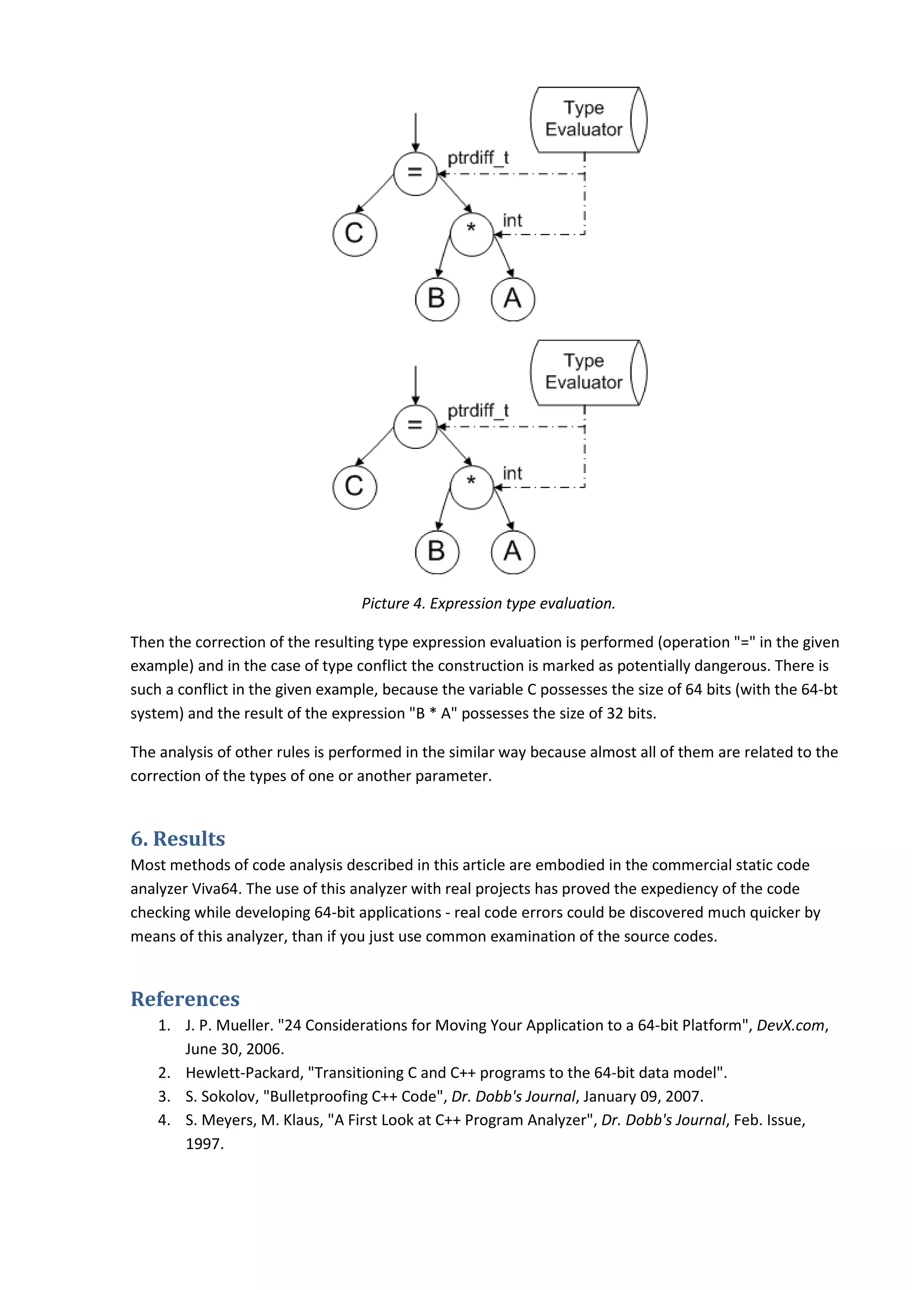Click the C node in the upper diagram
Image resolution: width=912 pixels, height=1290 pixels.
(x=354, y=234)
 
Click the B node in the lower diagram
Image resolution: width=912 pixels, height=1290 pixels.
(x=436, y=552)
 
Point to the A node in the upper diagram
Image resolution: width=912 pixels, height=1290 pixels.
(x=513, y=299)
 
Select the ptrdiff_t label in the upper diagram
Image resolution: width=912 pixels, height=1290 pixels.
(x=478, y=158)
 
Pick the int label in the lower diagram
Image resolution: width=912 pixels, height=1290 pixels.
(x=512, y=474)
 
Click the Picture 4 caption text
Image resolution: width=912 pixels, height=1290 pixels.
(x=489, y=604)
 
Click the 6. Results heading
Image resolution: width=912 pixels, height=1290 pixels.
(x=178, y=839)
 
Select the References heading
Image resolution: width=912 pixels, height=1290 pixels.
(x=185, y=999)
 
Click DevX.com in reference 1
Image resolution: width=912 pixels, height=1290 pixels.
(x=790, y=1026)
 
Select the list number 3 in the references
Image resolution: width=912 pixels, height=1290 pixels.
(x=163, y=1096)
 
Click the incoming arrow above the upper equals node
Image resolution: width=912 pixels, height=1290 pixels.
(x=415, y=132)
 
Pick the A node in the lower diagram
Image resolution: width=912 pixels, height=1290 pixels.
(x=513, y=552)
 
